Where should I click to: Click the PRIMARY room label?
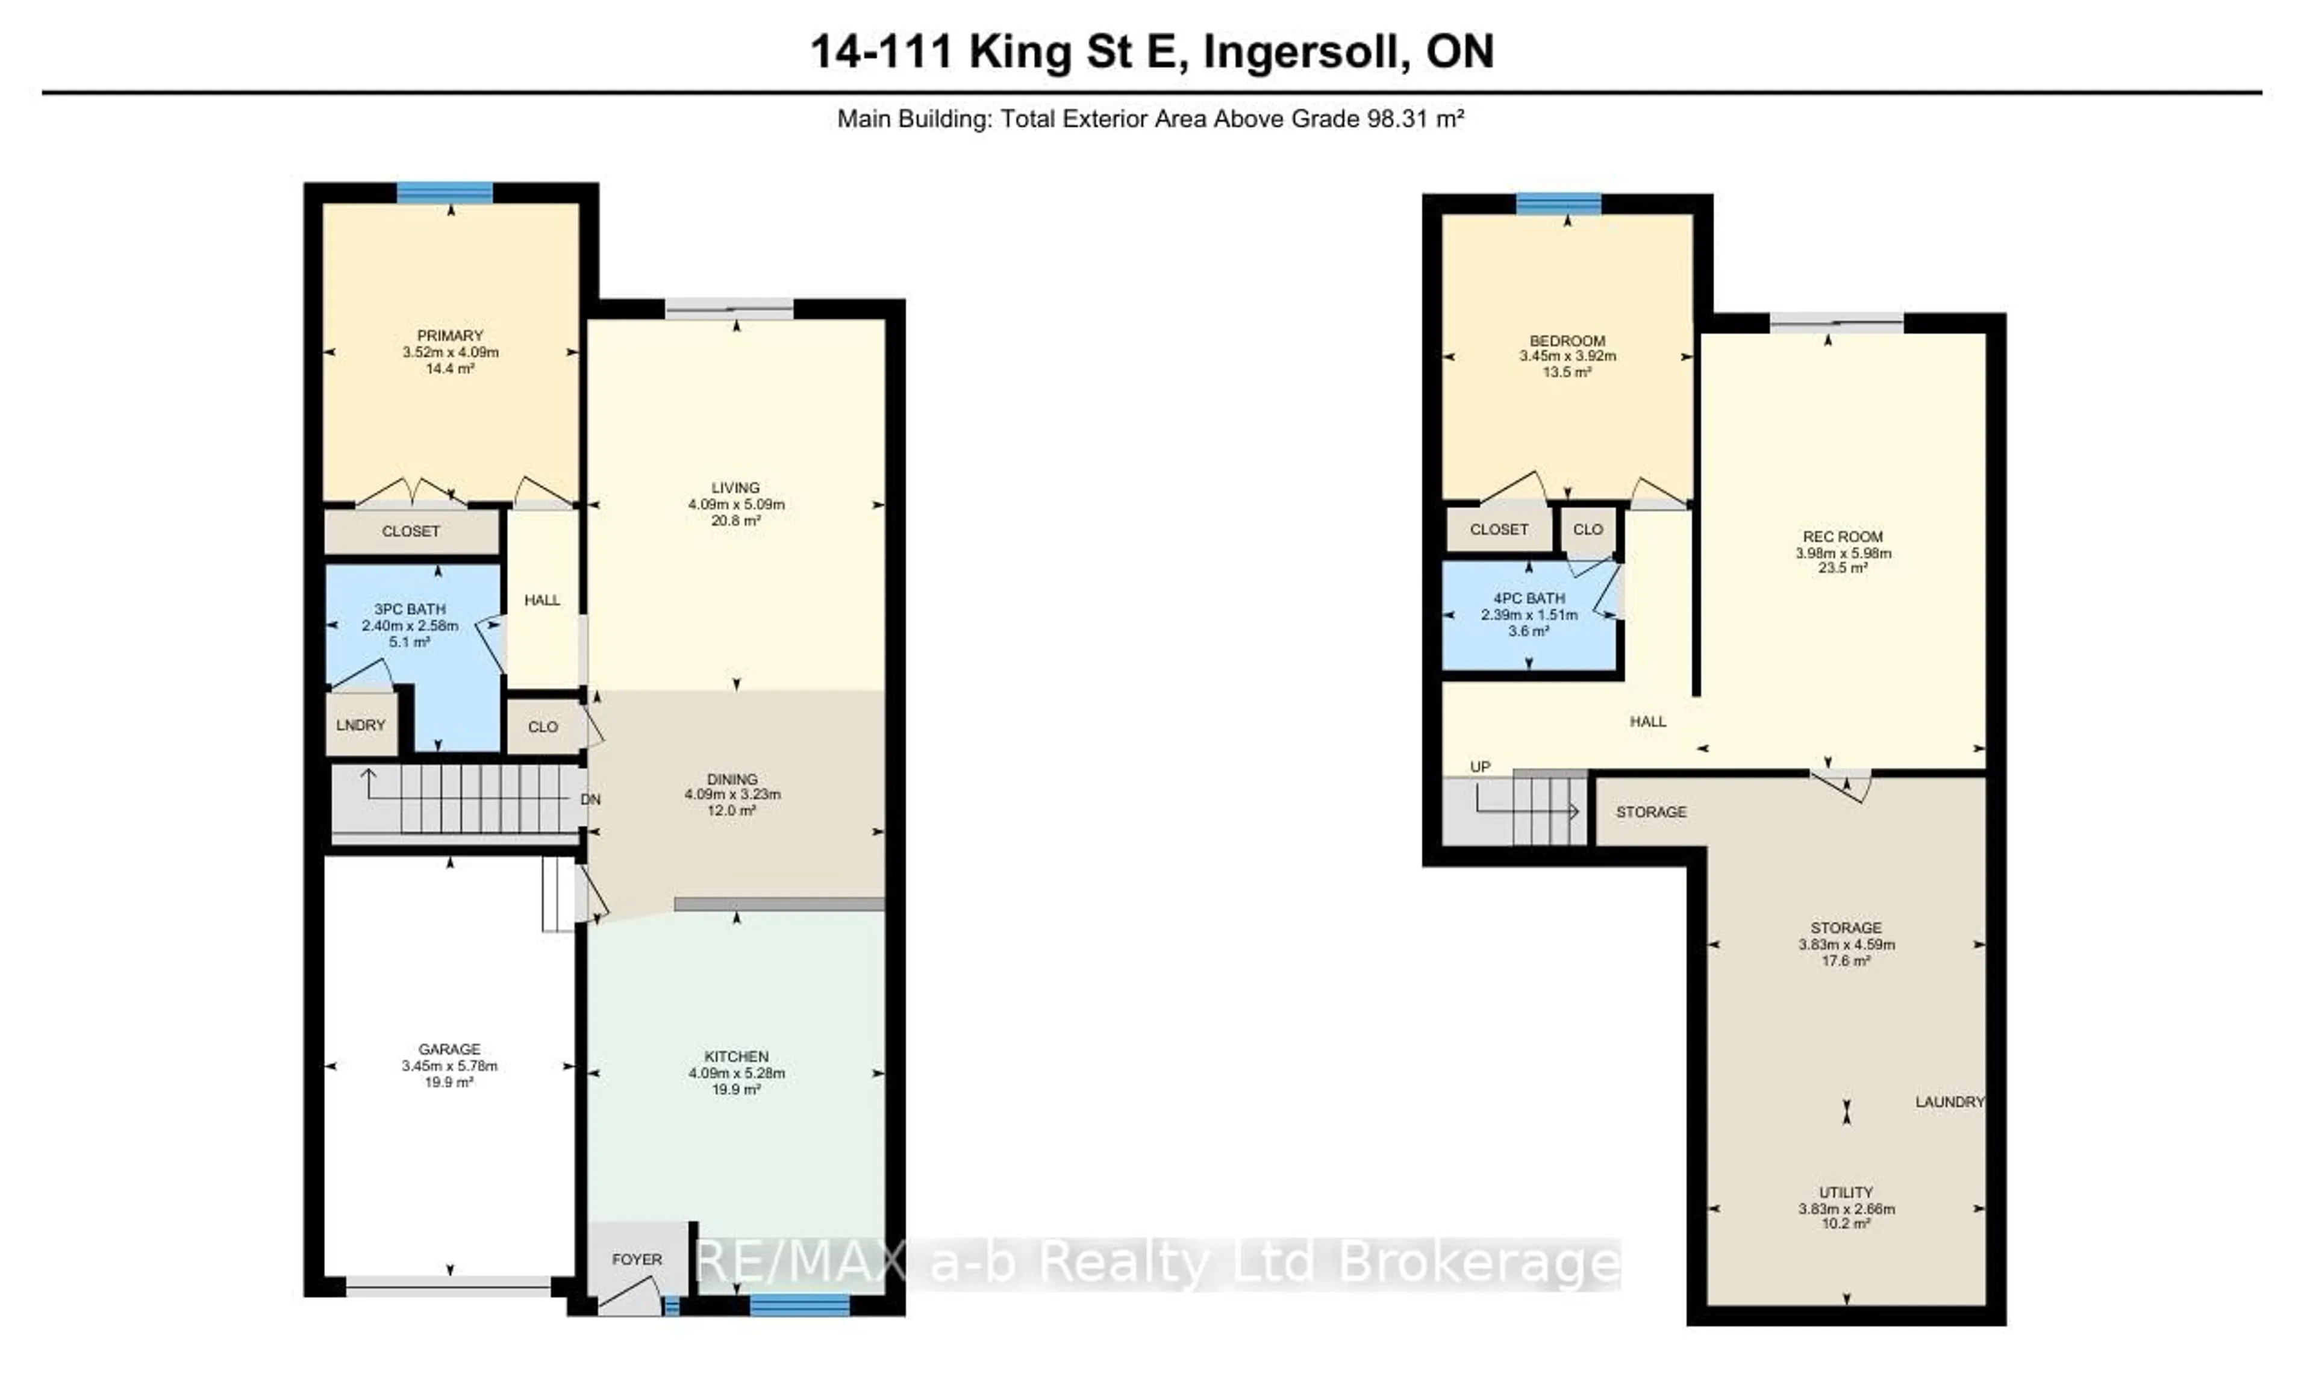coord(450,335)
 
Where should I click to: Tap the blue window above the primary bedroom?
coord(445,193)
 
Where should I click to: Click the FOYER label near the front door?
coord(637,1259)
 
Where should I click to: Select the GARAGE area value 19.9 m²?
coord(450,1082)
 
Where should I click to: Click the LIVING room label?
coord(735,487)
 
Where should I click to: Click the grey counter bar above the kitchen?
coord(778,904)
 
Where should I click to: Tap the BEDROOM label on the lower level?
coord(1567,341)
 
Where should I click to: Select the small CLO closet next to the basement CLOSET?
coord(1588,529)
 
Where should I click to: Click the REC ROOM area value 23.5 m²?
coord(1843,568)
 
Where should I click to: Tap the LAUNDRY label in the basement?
coord(1949,1102)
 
